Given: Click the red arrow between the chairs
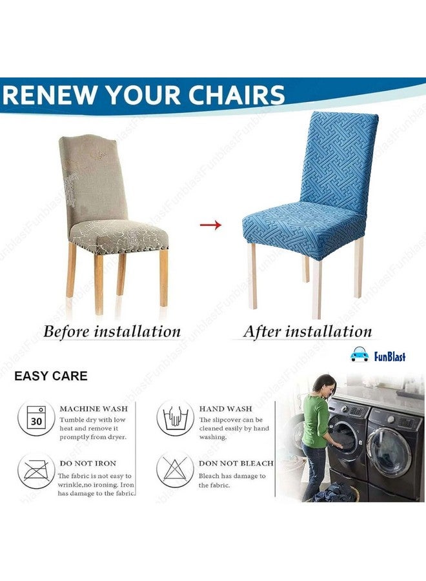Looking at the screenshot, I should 210,225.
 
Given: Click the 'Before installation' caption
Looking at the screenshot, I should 112,332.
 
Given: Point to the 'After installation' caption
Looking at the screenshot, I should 307,332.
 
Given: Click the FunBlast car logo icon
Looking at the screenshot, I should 359,355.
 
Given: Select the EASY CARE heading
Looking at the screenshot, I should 51,376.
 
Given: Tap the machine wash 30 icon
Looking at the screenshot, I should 35,418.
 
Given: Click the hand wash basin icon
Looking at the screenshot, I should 175,418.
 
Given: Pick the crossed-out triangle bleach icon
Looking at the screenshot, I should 175,470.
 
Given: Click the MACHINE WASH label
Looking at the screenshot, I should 93,409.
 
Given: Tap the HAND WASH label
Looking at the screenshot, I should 225,409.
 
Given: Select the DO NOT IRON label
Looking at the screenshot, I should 87,464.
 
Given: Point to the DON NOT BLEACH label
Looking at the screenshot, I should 236,464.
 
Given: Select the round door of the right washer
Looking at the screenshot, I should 389,451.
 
